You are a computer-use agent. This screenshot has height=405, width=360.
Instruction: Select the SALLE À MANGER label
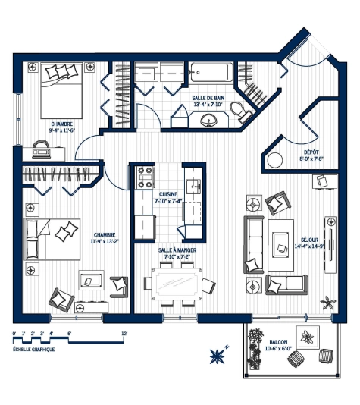(x=176, y=253)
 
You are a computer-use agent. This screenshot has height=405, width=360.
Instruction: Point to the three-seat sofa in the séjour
(x=250, y=245)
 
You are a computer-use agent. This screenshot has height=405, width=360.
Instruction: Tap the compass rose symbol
(x=218, y=353)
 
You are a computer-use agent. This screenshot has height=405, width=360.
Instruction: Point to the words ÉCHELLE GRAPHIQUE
(x=34, y=349)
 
